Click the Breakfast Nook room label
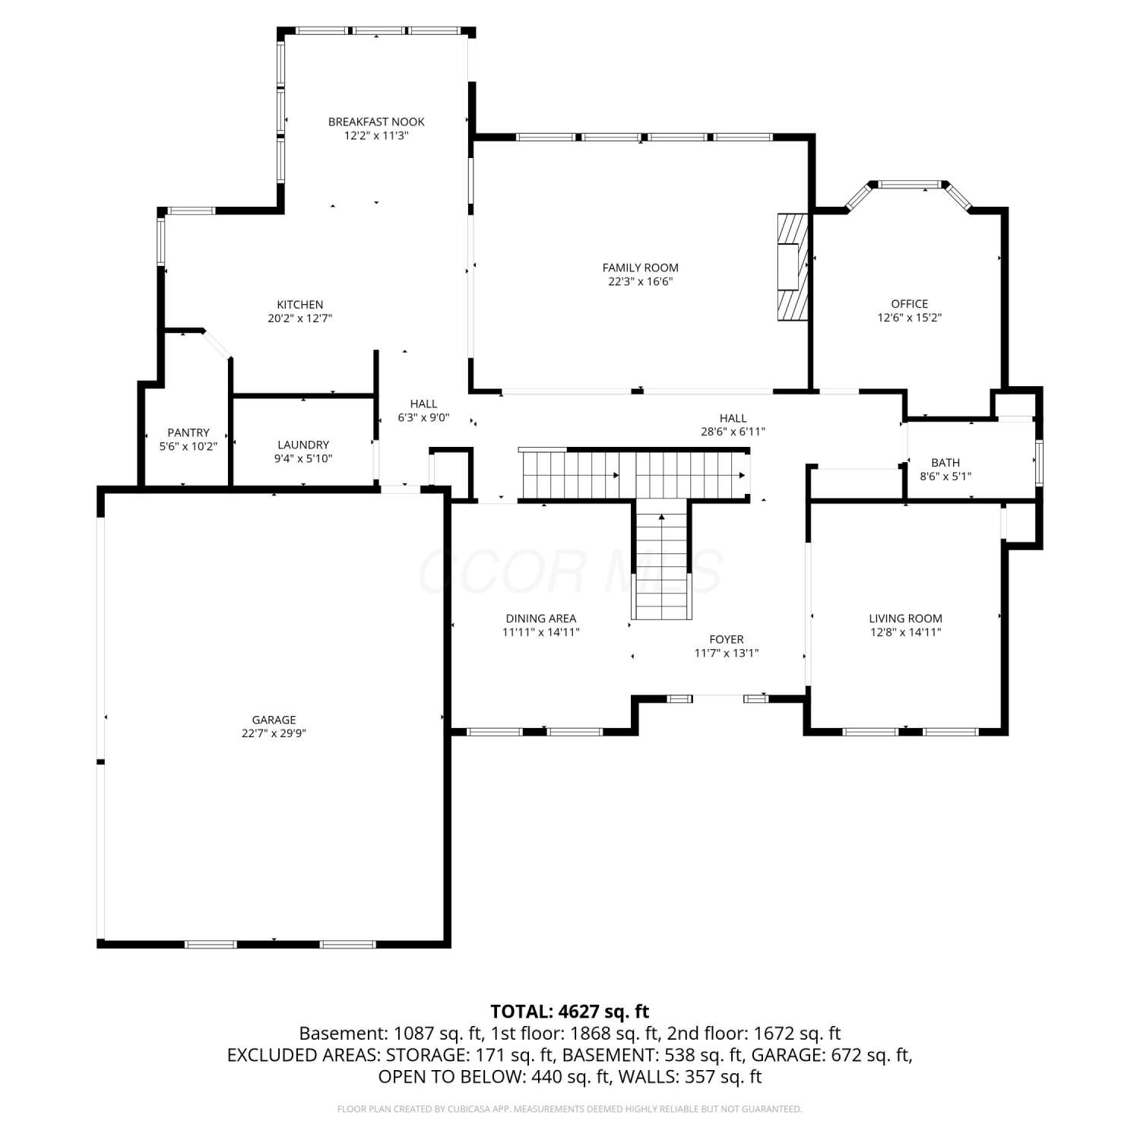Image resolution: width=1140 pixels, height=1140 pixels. click(x=376, y=122)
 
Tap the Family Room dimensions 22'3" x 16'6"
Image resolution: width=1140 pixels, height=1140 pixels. click(x=641, y=281)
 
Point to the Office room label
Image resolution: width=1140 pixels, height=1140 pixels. click(x=910, y=304)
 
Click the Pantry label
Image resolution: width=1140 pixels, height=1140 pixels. click(x=188, y=432)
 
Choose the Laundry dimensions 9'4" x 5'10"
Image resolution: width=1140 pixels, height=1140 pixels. click(x=303, y=458)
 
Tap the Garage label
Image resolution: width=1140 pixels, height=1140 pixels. click(x=274, y=720)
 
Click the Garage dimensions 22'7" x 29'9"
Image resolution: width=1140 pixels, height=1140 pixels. click(x=274, y=733)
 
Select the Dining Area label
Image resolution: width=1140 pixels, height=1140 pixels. click(x=541, y=619)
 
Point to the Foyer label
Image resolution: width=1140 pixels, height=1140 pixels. click(x=727, y=639)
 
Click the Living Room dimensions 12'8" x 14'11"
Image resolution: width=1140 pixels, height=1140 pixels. click(x=906, y=632)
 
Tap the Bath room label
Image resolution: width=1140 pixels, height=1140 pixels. click(x=945, y=463)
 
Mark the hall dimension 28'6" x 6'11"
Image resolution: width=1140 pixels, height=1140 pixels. click(x=733, y=432)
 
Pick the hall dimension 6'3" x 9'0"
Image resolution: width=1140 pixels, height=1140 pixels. click(x=424, y=417)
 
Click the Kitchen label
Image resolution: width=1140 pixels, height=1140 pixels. click(x=300, y=305)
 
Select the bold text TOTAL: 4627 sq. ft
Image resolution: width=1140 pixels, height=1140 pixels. click(x=570, y=1012)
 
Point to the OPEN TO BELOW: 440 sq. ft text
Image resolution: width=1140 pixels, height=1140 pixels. click(x=495, y=1077)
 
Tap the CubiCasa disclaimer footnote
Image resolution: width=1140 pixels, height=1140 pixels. click(x=570, y=1110)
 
